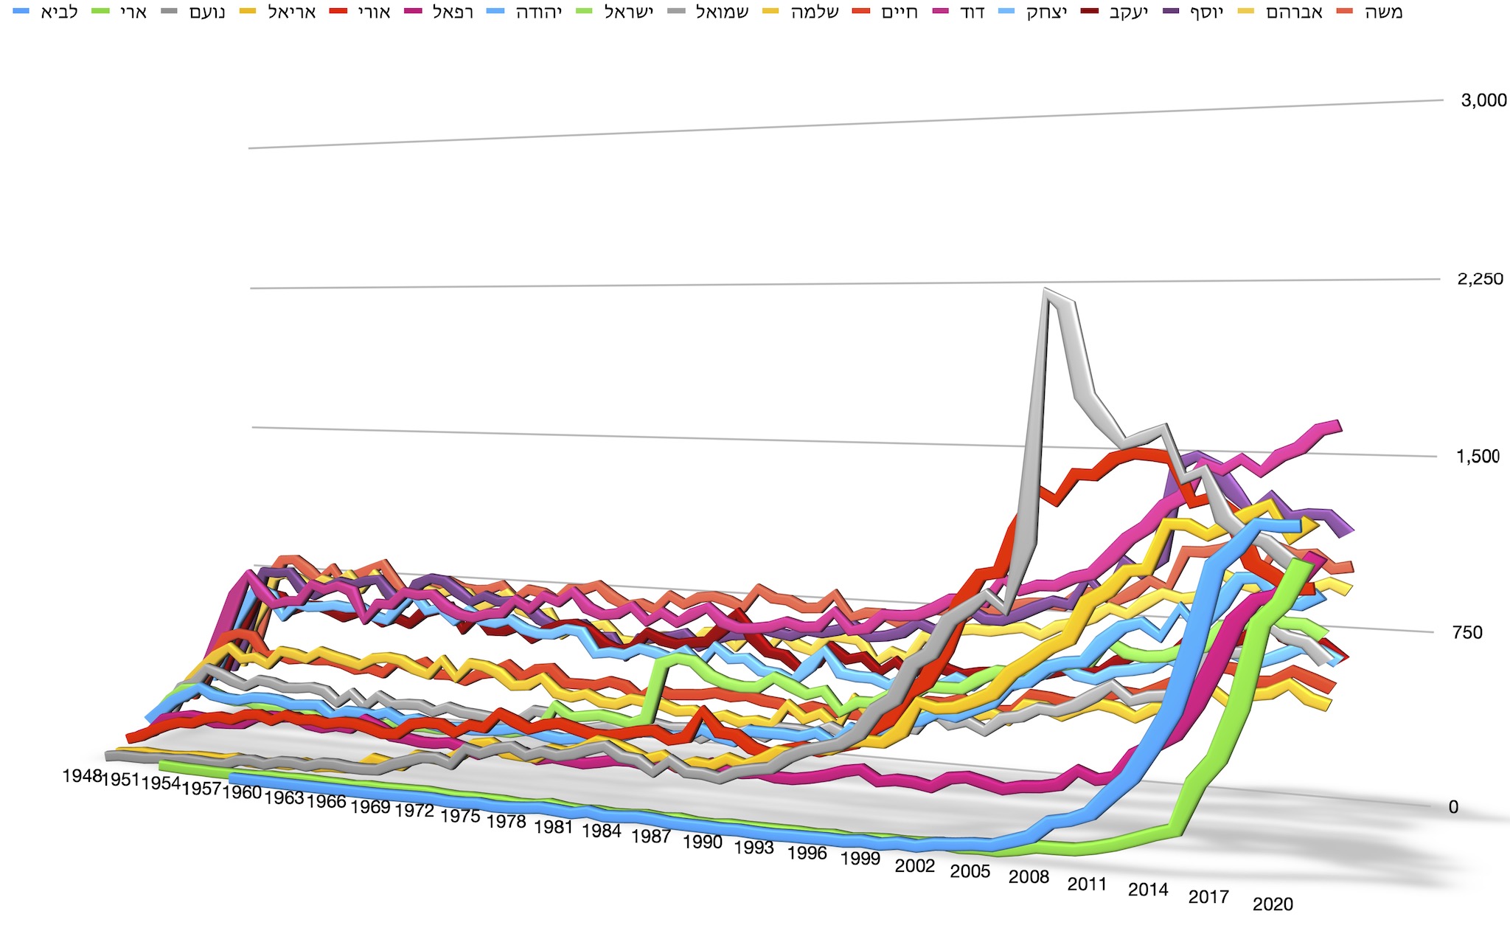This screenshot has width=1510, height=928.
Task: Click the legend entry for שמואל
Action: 708,12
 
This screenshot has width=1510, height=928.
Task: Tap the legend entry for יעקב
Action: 1114,12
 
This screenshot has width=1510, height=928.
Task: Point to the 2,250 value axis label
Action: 1480,279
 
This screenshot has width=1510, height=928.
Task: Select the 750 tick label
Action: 1467,632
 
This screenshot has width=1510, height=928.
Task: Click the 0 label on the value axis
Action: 1453,807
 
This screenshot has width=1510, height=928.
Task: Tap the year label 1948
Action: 82,776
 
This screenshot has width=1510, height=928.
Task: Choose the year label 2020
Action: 1273,904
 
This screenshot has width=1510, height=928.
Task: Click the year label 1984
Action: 602,831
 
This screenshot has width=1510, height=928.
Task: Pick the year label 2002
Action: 915,865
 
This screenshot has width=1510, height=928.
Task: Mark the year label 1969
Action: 370,806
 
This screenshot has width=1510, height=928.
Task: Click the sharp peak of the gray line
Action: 1045,290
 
